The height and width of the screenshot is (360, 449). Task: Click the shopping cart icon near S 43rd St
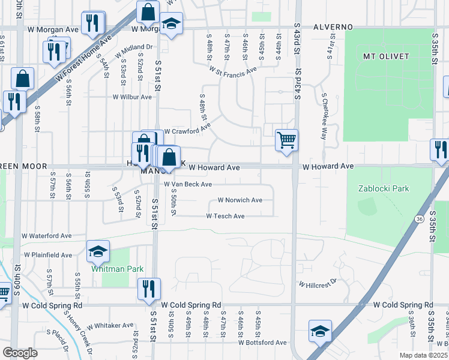tap(287, 140)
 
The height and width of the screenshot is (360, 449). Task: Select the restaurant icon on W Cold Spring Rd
tap(147, 289)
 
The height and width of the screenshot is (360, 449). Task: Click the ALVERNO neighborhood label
tap(332, 28)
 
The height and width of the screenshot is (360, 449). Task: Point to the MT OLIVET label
tap(386, 56)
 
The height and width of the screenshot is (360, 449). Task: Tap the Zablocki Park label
tap(384, 188)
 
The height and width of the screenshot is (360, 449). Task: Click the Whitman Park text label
tap(117, 269)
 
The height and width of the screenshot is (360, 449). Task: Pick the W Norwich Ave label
tap(240, 200)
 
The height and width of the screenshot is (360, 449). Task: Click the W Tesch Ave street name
tap(225, 216)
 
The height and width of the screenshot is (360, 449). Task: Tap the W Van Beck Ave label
tap(188, 184)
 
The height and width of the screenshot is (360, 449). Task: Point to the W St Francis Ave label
tap(233, 70)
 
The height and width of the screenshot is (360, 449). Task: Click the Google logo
tap(20, 353)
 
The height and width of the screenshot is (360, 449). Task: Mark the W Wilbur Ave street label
tap(132, 97)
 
